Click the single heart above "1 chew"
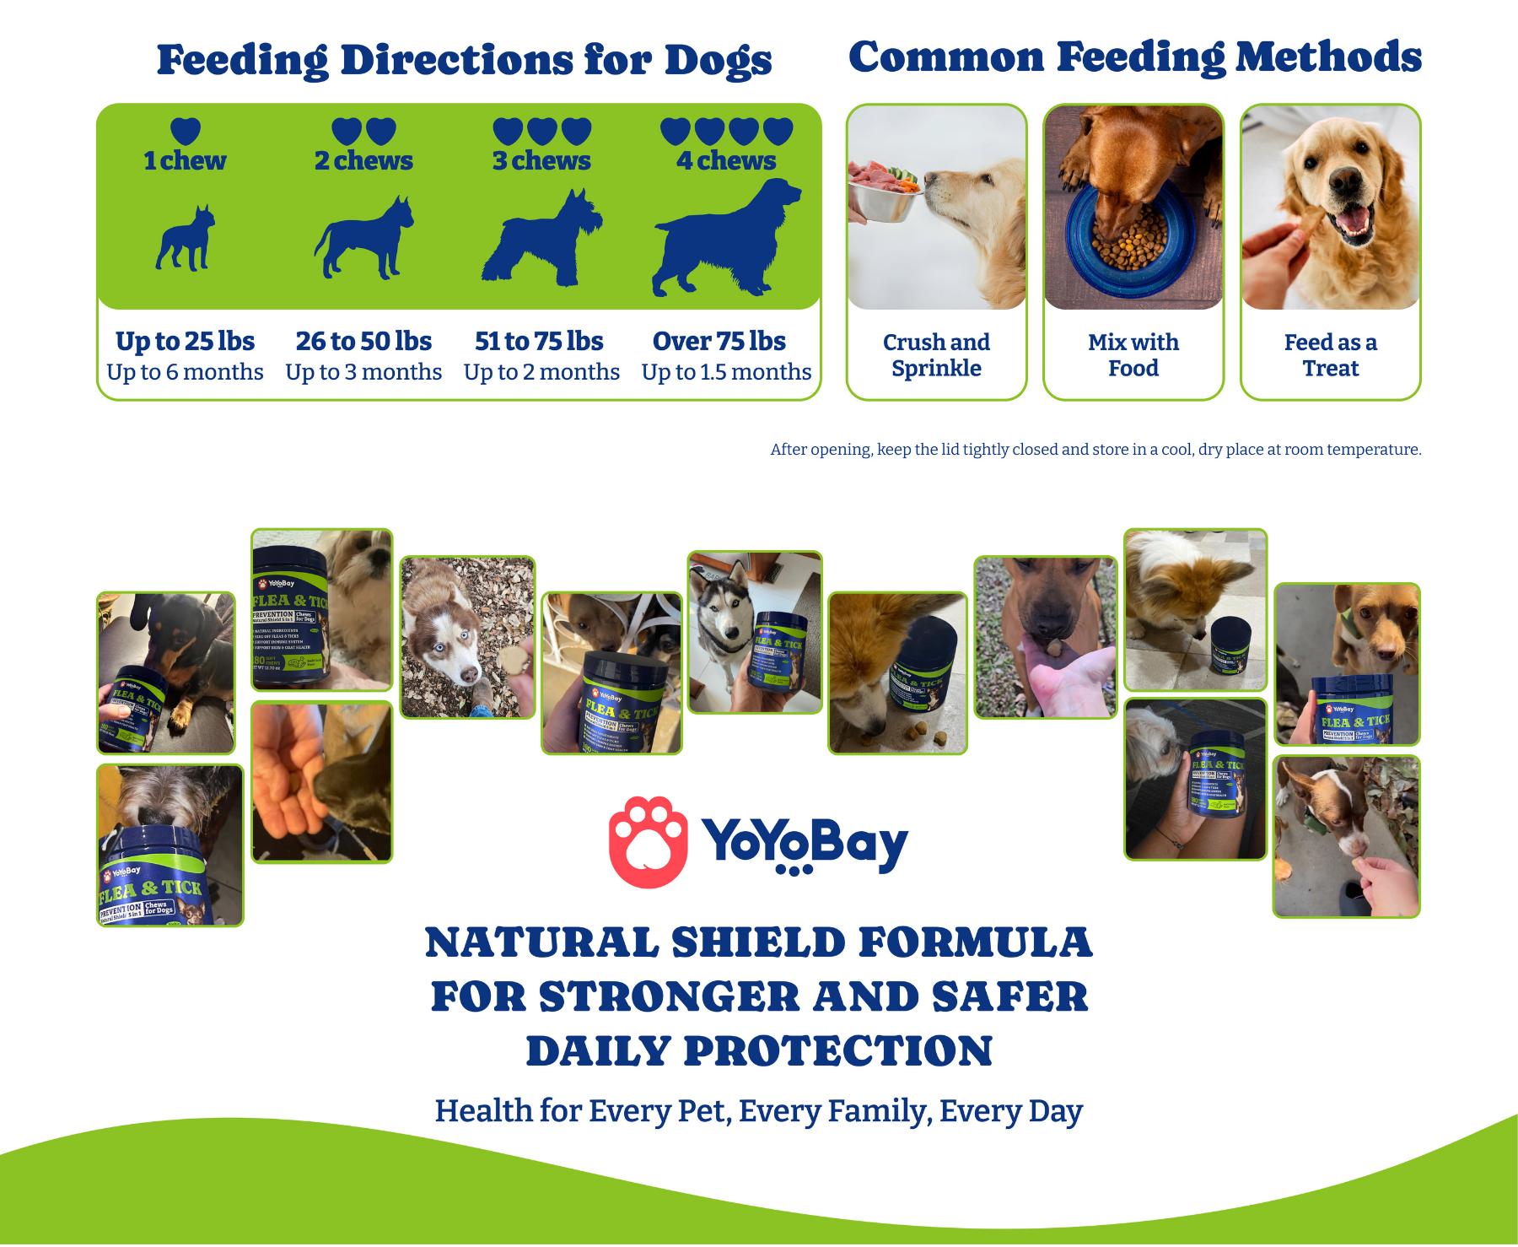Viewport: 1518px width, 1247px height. (186, 131)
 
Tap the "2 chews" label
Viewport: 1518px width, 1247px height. (363, 160)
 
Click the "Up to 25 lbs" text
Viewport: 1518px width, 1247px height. (185, 341)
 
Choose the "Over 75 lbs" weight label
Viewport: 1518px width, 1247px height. (719, 341)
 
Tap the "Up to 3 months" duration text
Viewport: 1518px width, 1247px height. (363, 372)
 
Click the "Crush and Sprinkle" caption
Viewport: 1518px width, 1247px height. (936, 355)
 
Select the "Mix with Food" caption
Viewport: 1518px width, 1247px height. (1133, 355)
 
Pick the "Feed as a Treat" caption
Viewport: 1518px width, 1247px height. (1330, 355)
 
